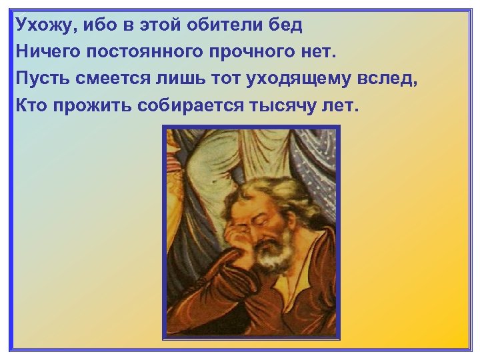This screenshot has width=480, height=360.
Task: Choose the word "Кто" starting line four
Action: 32,104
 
